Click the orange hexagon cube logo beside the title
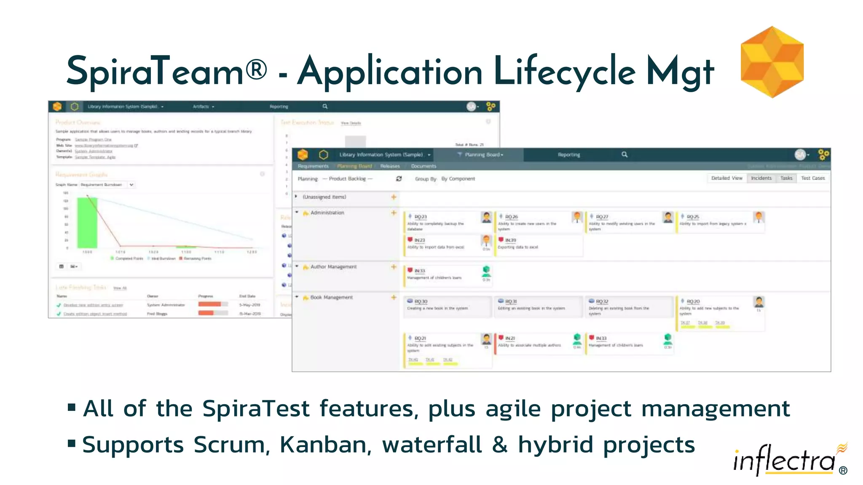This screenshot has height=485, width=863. coord(772,62)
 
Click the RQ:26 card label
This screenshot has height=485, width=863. coord(511,217)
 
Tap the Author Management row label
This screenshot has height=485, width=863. coord(333,267)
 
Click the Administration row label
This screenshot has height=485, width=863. coord(327,213)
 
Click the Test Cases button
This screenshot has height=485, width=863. coord(812,179)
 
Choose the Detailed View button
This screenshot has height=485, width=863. coord(726,179)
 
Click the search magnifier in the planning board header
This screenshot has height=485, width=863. coord(624,155)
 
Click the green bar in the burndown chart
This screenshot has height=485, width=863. coord(87,223)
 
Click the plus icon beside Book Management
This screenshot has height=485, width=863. coord(394,297)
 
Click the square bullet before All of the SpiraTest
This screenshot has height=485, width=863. coord(72,408)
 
